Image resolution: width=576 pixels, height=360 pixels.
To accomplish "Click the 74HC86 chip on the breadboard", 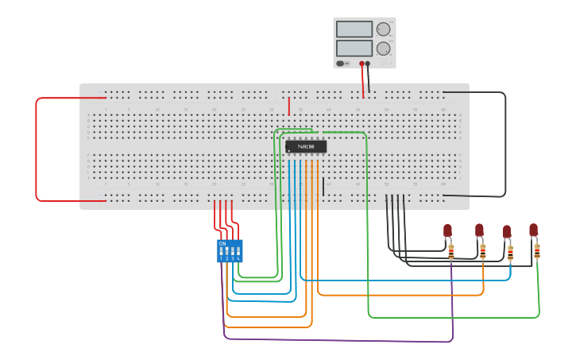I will [305, 146].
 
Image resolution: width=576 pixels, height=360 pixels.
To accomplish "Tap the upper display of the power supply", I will [354, 29].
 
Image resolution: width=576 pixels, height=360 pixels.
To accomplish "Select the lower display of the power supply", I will [354, 48].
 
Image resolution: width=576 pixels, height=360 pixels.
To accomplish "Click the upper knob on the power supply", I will [383, 29].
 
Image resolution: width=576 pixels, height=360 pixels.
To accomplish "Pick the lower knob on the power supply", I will [383, 48].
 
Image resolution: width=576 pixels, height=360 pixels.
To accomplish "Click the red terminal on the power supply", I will [361, 64].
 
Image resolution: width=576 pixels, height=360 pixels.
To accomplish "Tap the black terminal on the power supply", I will [368, 64].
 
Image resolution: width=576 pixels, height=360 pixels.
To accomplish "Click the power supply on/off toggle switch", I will [341, 64].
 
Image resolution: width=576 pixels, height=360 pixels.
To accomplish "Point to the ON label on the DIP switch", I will [222, 243].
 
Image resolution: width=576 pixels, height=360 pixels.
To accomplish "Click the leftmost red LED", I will [447, 230].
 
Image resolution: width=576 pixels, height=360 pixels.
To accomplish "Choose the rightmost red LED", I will [533, 230].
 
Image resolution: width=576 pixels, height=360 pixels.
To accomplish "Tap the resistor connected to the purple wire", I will [451, 252].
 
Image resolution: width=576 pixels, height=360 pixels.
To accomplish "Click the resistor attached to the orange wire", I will [482, 252].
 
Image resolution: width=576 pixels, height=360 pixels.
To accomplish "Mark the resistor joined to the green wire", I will [537, 251].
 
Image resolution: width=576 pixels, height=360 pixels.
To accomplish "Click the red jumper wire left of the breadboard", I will [36, 149].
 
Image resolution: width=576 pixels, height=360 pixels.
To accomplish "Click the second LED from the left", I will [479, 230].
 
